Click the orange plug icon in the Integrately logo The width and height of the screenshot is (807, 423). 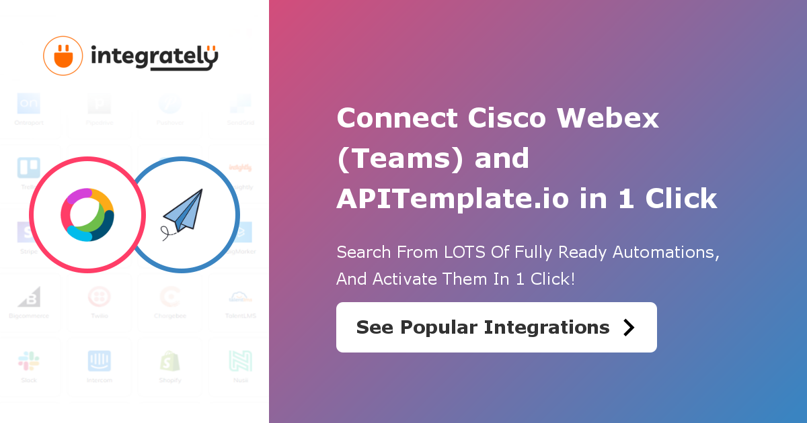point(63,56)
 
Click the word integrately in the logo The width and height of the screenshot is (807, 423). point(154,58)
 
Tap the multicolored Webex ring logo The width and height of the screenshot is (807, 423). point(87,215)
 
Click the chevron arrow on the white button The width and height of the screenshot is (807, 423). point(629,327)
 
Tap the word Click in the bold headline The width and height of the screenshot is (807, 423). point(681,199)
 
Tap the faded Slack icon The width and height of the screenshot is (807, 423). point(29,361)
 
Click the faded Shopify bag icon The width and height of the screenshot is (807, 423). point(170,361)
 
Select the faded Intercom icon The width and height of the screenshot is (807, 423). point(100,361)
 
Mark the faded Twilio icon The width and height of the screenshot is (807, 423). point(100,297)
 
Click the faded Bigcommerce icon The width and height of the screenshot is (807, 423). point(29,297)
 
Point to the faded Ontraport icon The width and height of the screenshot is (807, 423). point(29,104)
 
